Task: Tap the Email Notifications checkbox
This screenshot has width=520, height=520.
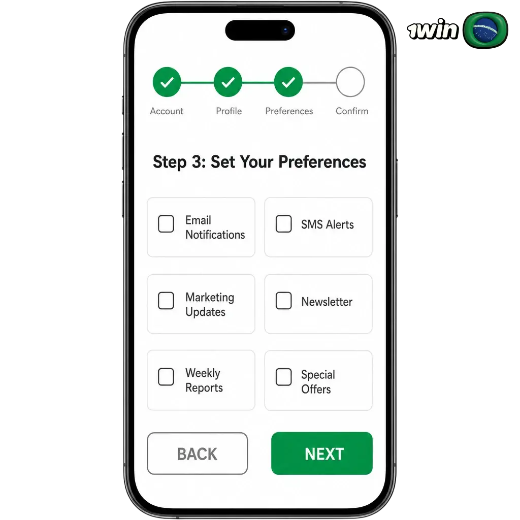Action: coord(166,223)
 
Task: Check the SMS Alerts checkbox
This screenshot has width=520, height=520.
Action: coord(283,223)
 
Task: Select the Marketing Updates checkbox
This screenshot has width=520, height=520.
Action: coord(166,301)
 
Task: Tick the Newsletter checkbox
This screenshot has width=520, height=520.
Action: coord(283,301)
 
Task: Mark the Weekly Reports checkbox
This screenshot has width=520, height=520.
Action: coord(166,377)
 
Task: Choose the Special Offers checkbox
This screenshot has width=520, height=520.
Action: coord(283,377)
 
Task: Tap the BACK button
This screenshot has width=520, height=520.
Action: coord(198,453)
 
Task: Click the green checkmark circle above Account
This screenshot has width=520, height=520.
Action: coord(167,82)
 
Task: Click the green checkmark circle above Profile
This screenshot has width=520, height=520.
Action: coord(228,82)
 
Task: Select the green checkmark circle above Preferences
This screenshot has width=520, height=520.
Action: coord(288,82)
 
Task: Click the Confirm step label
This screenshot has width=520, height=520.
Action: coord(352,111)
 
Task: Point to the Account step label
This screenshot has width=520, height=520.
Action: coord(167,111)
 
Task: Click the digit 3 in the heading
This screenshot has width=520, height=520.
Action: coord(197,162)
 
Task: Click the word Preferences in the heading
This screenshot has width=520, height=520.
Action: coord(322,162)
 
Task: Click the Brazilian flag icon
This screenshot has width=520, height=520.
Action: coord(485,30)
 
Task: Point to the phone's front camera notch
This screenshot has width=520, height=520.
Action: coord(260,30)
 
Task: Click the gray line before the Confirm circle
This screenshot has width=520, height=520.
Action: coord(319,82)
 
